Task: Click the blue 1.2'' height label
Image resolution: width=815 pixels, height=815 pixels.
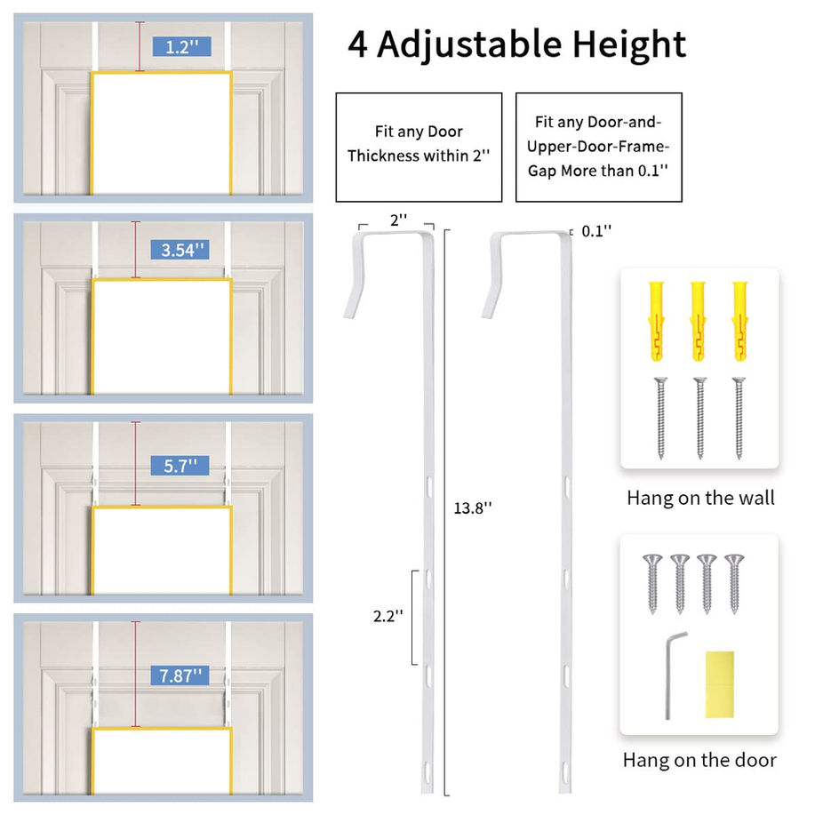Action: click(x=182, y=47)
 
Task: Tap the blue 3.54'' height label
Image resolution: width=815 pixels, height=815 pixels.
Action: click(x=180, y=250)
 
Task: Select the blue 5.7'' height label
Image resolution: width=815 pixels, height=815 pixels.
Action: click(x=180, y=466)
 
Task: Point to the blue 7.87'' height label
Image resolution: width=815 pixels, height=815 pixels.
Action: click(x=180, y=675)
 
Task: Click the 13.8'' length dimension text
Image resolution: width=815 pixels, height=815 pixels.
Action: click(x=473, y=507)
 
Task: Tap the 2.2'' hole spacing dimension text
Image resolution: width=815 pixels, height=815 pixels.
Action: click(x=388, y=616)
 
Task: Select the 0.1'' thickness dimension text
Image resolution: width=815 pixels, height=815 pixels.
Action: click(x=596, y=231)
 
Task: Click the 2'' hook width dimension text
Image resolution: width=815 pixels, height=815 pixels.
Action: click(x=399, y=220)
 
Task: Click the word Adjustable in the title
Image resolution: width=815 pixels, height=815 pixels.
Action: click(x=469, y=44)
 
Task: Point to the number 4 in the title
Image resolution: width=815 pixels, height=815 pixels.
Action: click(x=357, y=45)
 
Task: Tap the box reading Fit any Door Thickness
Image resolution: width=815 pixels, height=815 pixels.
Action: click(x=419, y=148)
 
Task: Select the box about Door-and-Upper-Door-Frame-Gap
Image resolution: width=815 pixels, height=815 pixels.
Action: click(x=599, y=148)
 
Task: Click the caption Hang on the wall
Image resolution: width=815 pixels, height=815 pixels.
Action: click(x=700, y=498)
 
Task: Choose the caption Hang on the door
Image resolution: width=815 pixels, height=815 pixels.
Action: click(x=699, y=760)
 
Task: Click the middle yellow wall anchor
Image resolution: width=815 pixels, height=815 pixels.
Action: click(x=698, y=321)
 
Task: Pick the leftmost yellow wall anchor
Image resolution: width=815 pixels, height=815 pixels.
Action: click(x=657, y=321)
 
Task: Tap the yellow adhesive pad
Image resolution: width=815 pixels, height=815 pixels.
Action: click(x=719, y=684)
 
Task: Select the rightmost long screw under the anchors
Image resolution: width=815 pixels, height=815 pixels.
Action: click(x=739, y=418)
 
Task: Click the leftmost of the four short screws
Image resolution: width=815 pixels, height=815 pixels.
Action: click(x=652, y=584)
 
